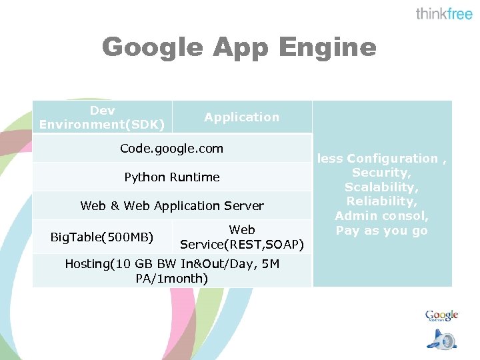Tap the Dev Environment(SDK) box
coord(103,117)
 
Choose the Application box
coord(242,117)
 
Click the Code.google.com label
coord(171,148)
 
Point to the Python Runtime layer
coord(171,177)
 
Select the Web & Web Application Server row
coord(171,205)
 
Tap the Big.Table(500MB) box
coord(102,237)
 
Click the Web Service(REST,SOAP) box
coord(242,237)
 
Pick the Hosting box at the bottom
coord(171,271)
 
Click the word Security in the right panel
coord(381,173)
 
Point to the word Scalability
coord(381,187)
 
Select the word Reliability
coord(381,201)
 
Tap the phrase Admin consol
coord(381,216)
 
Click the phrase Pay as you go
coord(381,231)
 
